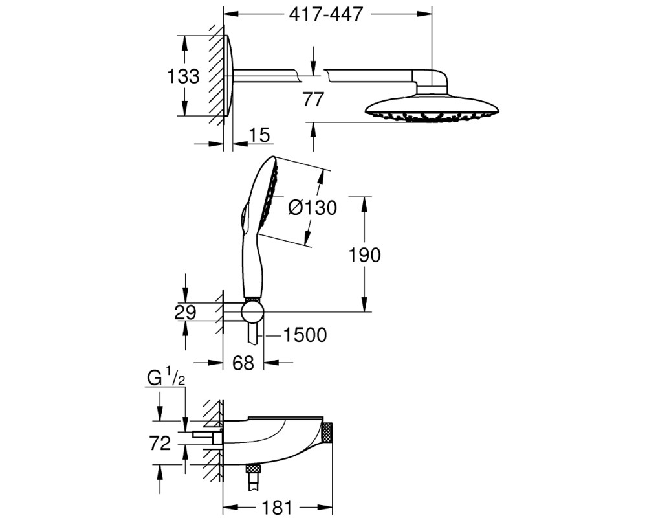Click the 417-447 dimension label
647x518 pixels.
tap(325, 14)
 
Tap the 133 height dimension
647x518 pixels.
tap(183, 76)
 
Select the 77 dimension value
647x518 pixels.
tap(313, 100)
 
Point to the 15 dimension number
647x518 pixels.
tap(259, 135)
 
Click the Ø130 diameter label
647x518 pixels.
tap(313, 207)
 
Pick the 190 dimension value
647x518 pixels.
tap(364, 255)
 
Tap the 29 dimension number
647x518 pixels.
tap(185, 312)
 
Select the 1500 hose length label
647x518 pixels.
tap(305, 335)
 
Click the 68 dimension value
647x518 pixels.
tap(243, 363)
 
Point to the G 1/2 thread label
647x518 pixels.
tap(166, 378)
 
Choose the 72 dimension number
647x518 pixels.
tap(160, 444)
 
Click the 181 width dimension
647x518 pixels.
tap(277, 507)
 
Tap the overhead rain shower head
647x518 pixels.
tap(432, 108)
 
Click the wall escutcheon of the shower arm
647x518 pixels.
tap(228, 76)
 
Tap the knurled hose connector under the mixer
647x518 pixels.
tap(253, 468)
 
